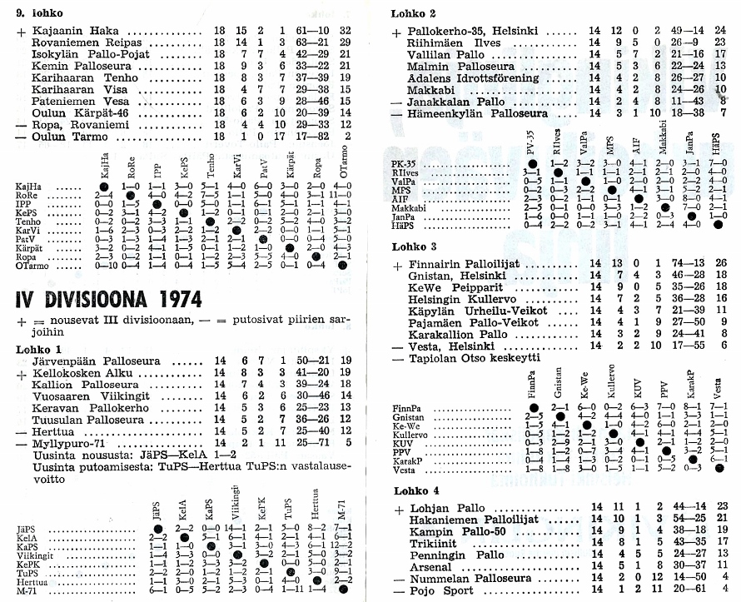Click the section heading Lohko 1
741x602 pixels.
[39, 348]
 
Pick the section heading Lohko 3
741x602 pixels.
[414, 246]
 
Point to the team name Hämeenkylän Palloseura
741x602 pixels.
[477, 113]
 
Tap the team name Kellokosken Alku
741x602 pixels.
[80, 374]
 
